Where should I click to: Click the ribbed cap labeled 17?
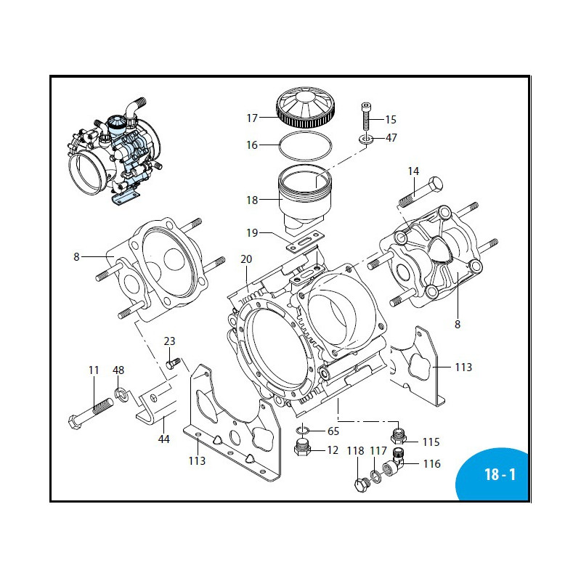coord(306,107)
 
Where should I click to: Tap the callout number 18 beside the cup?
coord(252,200)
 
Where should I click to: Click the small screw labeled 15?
coord(367,116)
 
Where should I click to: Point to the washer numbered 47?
coord(367,138)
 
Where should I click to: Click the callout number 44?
coord(165,440)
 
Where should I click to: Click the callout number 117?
coord(378,450)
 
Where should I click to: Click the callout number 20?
coord(245,259)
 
